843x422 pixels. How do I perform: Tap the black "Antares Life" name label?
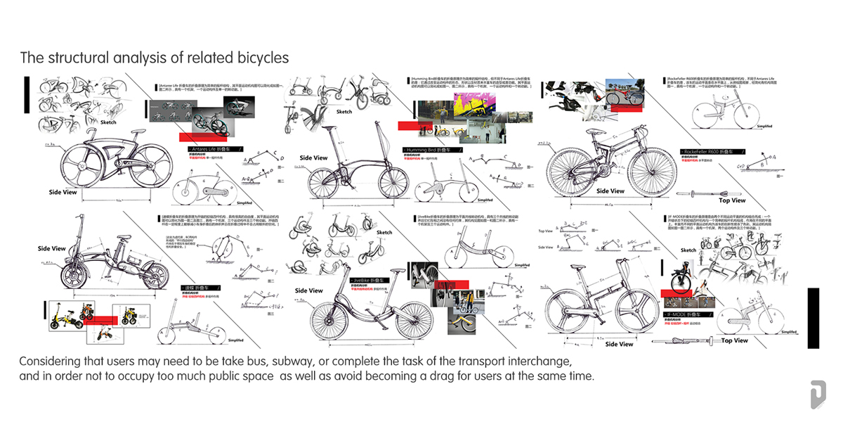[215, 150]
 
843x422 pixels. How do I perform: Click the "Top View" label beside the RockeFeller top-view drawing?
[732, 200]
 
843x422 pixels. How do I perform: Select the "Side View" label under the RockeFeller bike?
[610, 191]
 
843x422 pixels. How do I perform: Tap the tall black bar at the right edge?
[813, 318]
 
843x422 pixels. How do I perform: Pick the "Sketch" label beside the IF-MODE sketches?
[688, 250]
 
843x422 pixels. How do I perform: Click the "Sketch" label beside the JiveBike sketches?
[384, 232]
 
